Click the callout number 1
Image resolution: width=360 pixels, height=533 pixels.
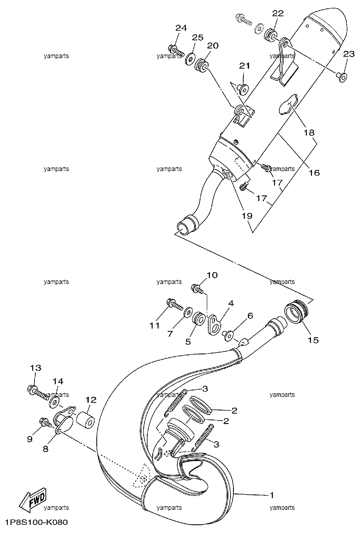[272, 495]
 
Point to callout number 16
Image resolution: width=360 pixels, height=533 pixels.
[315, 173]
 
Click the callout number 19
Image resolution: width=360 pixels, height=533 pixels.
[247, 216]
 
